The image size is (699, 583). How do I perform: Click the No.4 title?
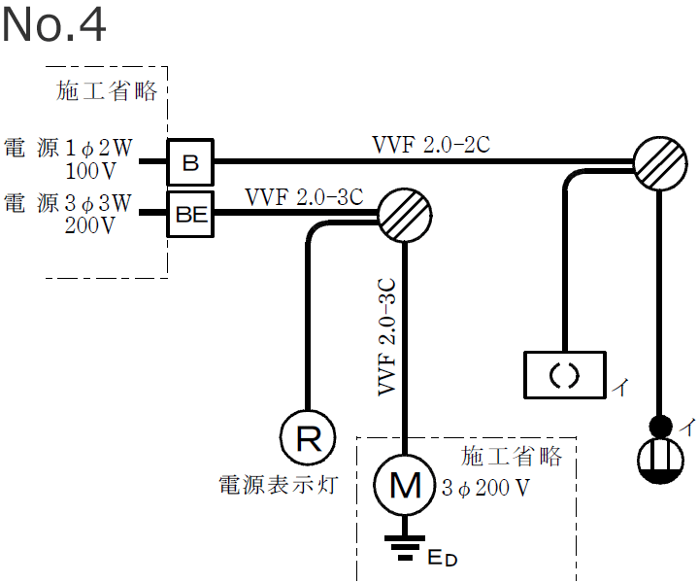click(53, 26)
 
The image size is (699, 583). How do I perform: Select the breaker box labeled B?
click(190, 162)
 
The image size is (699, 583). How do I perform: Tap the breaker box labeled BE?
click(191, 215)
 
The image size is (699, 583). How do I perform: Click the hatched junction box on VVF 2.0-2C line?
click(660, 161)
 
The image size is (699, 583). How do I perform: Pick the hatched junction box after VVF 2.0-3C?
click(404, 215)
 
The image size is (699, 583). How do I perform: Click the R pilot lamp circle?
click(308, 439)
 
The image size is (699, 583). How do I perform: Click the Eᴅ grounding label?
click(442, 558)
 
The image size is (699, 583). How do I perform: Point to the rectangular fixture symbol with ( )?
click(564, 374)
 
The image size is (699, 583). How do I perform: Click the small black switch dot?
click(660, 425)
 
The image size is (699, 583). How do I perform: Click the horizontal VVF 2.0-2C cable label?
click(431, 145)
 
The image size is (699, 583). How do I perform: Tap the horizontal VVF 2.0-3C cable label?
click(303, 197)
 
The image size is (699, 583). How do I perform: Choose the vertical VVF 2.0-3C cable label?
click(385, 336)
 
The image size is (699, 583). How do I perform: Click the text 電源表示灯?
click(279, 484)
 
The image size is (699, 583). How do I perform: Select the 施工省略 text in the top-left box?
click(107, 91)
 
